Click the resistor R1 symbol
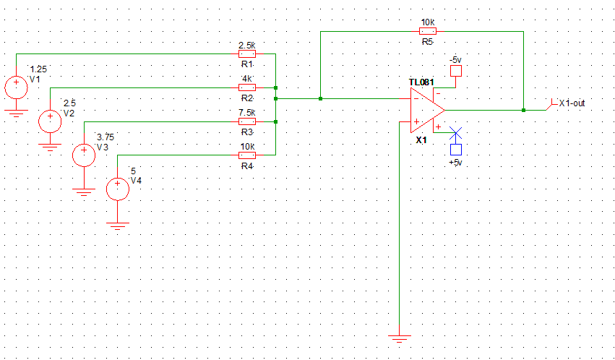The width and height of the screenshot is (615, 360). click(247, 53)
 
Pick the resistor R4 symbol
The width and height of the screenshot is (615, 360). click(247, 155)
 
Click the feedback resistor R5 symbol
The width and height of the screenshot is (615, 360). click(427, 31)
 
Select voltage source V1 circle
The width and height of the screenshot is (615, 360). click(15, 87)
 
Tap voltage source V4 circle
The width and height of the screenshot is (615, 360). click(117, 189)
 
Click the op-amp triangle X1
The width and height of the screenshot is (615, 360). click(426, 110)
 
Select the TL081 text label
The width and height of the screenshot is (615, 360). click(421, 82)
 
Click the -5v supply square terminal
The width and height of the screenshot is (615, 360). click(455, 71)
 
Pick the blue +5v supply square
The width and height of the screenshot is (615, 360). click(455, 150)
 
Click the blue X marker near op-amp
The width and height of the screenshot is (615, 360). click(456, 132)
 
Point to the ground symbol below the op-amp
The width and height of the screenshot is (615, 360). click(400, 337)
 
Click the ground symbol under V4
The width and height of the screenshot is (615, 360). click(117, 225)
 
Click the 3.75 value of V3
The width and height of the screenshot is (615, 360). click(106, 137)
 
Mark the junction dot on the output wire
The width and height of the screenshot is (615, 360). click(523, 110)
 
